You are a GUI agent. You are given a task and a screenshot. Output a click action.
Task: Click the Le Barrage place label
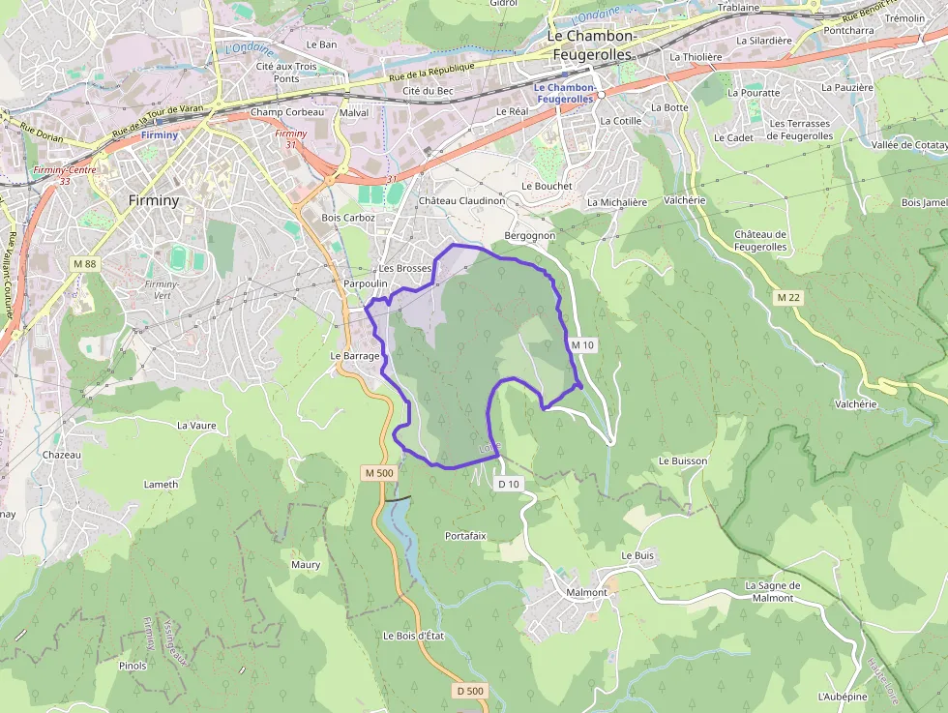point(354,356)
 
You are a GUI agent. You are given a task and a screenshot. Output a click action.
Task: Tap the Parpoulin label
point(365,283)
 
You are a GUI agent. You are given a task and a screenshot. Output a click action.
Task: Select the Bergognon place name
point(530,236)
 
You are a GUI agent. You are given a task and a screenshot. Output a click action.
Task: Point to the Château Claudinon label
point(461,201)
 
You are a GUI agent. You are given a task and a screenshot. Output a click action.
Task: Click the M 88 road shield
point(84,263)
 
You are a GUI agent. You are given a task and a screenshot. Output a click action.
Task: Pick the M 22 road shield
point(788,297)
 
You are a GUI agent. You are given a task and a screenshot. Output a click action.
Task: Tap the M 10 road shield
point(580,344)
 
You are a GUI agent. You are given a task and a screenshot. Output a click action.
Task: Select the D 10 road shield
point(509,484)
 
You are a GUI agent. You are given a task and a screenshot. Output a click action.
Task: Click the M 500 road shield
point(379,473)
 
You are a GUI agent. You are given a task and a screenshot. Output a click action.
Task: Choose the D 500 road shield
point(469,691)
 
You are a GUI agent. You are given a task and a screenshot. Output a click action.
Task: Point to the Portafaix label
point(465,535)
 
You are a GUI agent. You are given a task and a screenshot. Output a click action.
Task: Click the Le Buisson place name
point(683,461)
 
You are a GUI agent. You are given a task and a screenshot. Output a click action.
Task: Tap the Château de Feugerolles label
point(760,241)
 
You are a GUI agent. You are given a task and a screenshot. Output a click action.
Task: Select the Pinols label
point(133,666)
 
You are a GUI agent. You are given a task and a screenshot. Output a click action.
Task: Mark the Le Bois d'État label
point(413,636)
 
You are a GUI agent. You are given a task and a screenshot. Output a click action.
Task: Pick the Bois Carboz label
point(347,219)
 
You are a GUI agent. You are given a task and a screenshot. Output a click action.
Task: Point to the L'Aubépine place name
point(841,697)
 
